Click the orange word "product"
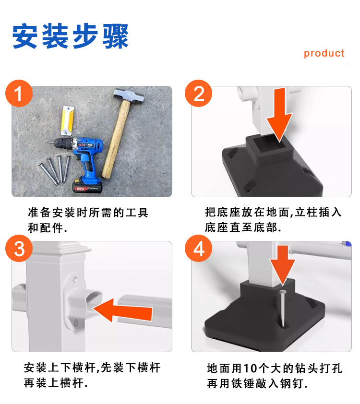pos(324,53)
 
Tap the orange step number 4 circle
pos(199,250)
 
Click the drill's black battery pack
pos(87,186)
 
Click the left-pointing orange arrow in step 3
pos(126,310)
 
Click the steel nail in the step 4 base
pos(284,307)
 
